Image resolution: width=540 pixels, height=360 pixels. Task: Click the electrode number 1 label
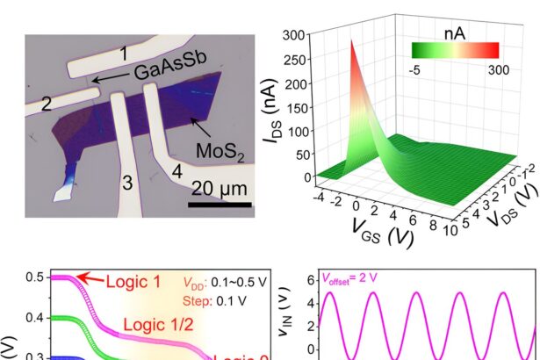point(126,55)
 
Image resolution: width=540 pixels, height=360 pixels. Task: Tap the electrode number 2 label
point(47,102)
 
